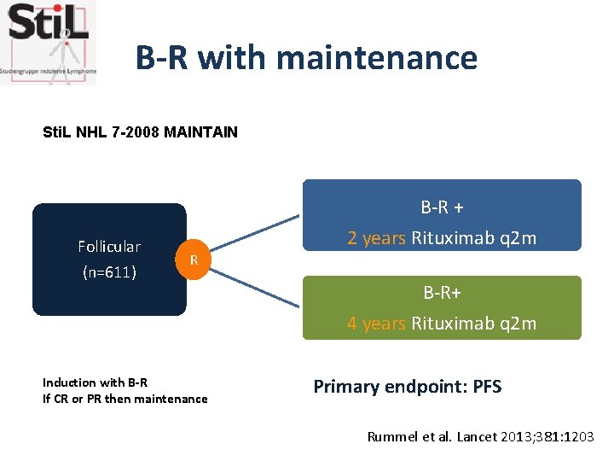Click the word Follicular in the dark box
coord(109,247)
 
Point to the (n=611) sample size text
coord(109,274)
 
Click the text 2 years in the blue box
coord(377,238)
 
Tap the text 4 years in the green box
coord(377,324)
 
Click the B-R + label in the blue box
coord(442,207)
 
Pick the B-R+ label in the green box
coord(442,293)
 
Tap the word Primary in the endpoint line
coord(345,387)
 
